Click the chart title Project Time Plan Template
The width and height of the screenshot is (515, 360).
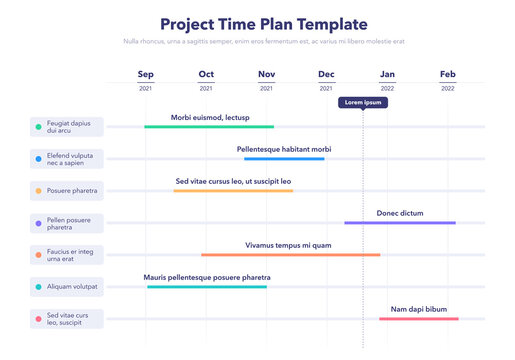tap(264, 24)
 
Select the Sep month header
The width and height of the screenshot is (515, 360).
tap(146, 74)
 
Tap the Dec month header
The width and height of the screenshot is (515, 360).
tap(327, 74)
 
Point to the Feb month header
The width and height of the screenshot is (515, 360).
tap(447, 74)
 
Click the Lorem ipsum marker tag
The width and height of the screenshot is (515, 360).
tap(362, 102)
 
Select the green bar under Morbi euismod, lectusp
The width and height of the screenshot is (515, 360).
tap(209, 127)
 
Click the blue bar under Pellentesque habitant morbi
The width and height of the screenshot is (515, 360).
tap(284, 158)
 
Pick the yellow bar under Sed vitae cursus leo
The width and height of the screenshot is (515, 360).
tap(233, 190)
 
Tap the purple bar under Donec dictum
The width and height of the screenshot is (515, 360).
tap(400, 222)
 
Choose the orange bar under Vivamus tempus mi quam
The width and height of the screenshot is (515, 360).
tap(290, 254)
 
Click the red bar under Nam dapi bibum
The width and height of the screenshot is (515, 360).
tap(419, 318)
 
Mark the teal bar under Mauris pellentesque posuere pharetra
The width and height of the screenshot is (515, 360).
tap(207, 286)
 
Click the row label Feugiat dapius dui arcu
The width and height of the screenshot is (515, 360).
tap(67, 126)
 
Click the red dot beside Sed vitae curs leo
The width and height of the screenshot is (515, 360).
tap(38, 319)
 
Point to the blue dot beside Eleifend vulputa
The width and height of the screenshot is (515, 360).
tap(38, 159)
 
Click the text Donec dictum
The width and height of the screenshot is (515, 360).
tap(400, 213)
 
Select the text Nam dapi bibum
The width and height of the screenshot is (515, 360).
tap(418, 309)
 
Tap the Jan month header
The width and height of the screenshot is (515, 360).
tap(387, 74)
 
